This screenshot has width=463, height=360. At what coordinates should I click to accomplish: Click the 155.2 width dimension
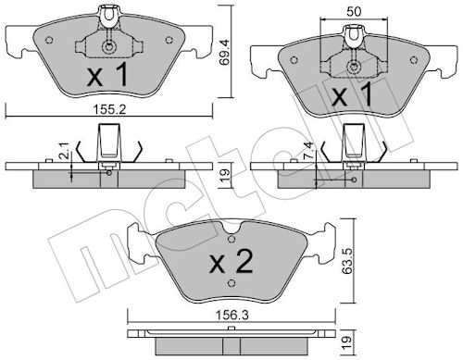pos(110,109)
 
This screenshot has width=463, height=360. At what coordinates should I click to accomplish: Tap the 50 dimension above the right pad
pos(354,12)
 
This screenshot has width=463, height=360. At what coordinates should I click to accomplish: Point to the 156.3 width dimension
pos(232,316)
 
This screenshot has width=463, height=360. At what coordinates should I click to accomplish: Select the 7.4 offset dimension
pos(309,151)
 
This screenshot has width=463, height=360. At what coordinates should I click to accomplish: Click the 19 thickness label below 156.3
pos(346,341)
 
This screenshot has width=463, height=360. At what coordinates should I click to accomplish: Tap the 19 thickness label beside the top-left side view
pos(225,175)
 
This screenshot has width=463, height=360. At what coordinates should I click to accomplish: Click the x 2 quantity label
pos(231,262)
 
